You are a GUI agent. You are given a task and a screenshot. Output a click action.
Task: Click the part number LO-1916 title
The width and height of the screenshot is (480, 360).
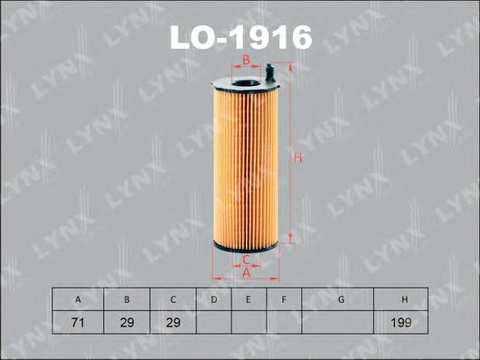click(x=241, y=37)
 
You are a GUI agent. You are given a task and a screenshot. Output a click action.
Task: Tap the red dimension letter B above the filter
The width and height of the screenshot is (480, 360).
click(x=246, y=61)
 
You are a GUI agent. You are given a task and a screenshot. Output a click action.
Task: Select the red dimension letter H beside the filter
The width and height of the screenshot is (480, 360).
click(x=298, y=157)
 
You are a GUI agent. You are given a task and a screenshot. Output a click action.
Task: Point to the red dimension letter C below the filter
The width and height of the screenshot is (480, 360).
click(x=247, y=260)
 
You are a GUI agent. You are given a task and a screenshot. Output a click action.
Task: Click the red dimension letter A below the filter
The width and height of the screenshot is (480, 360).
click(x=247, y=272)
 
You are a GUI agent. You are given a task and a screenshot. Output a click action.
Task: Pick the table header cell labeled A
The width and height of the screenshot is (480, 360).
click(x=78, y=299)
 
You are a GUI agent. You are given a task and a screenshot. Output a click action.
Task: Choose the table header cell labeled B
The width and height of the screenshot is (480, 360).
click(x=127, y=299)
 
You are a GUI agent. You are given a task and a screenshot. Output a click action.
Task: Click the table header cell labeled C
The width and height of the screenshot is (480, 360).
click(x=173, y=299)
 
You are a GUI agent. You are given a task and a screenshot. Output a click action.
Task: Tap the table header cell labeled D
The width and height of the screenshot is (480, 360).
click(x=214, y=299)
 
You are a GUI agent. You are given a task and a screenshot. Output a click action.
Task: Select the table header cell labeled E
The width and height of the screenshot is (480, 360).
click(x=249, y=299)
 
